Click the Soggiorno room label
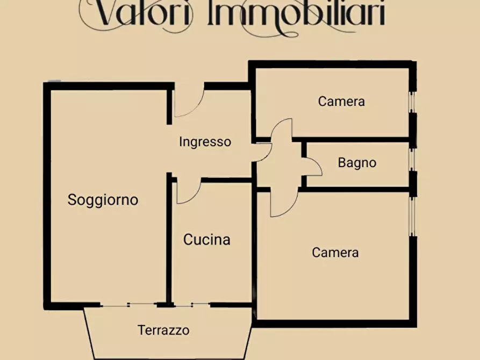pyautogui.click(x=103, y=200)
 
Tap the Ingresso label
pyautogui.click(x=205, y=142)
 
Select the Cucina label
pyautogui.click(x=207, y=240)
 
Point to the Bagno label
pyautogui.click(x=357, y=162)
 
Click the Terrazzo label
pyautogui.click(x=163, y=330)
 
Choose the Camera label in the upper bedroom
pyautogui.click(x=341, y=101)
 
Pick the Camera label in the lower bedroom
pyautogui.click(x=335, y=252)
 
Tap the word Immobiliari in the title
pyautogui.click(x=296, y=15)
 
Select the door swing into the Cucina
pyautogui.click(x=188, y=192)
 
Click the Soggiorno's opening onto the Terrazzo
pyautogui.click(x=129, y=305)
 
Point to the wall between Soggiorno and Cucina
pyautogui.click(x=169, y=242)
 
